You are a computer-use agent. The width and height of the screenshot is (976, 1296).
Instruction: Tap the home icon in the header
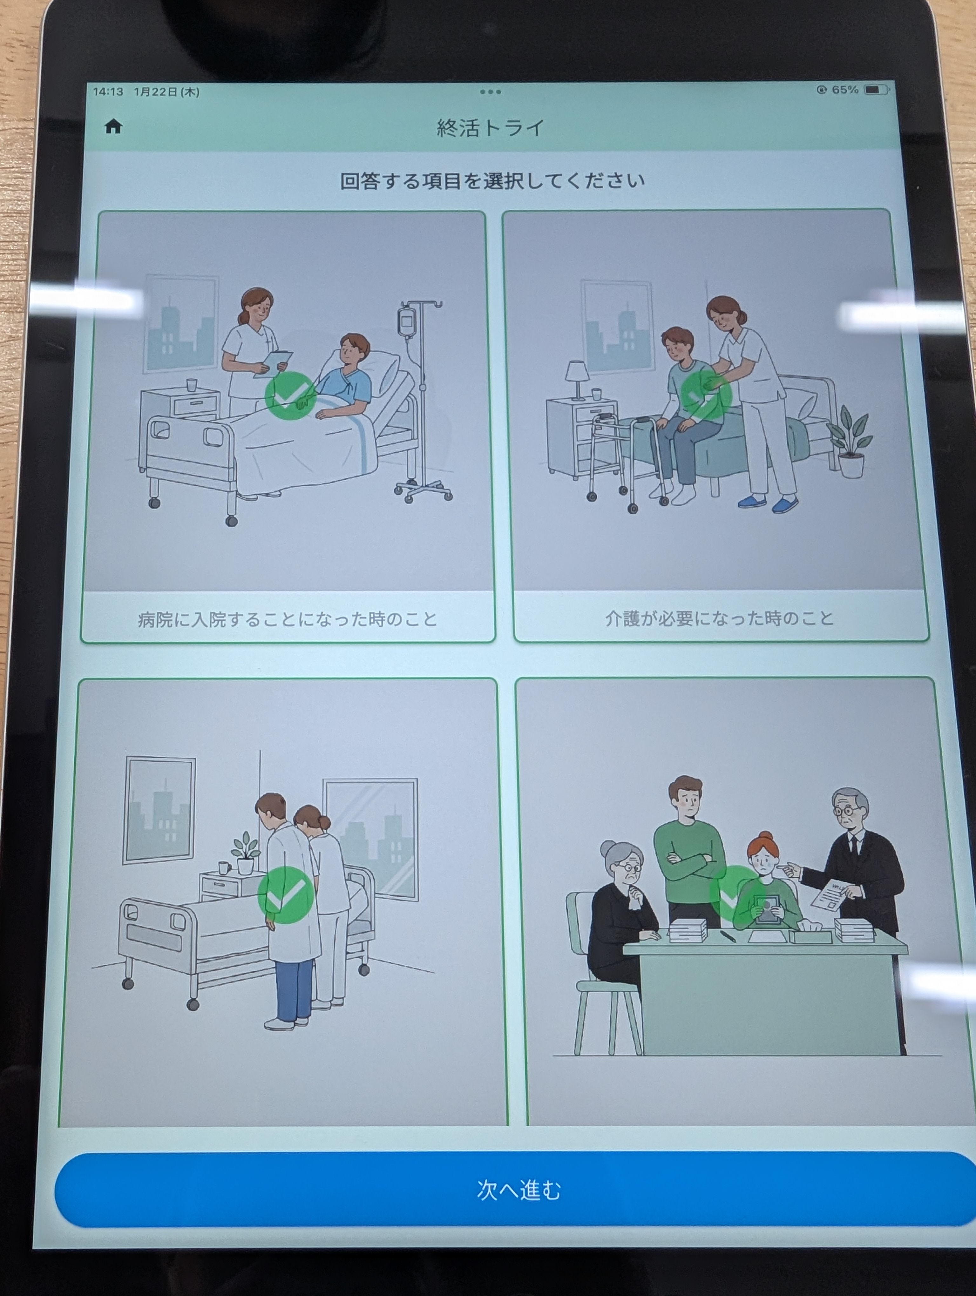[113, 126]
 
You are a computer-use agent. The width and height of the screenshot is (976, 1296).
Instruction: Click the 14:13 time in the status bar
[108, 91]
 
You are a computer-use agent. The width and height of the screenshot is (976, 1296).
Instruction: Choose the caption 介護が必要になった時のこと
[719, 618]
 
